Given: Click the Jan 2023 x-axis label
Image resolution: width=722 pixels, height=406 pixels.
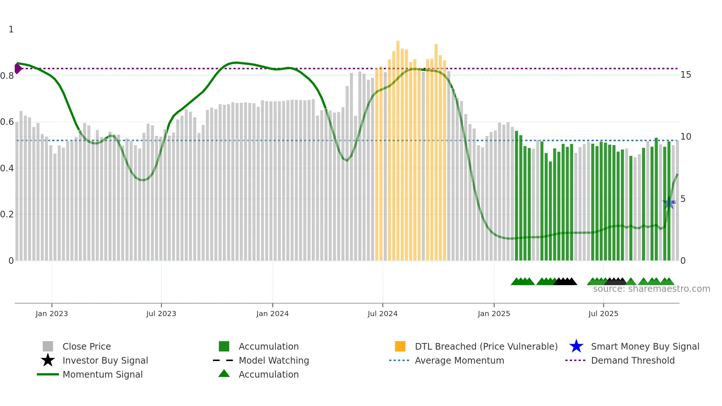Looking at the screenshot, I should point(52,314).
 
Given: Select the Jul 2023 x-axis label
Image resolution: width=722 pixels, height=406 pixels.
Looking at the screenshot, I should point(161,314).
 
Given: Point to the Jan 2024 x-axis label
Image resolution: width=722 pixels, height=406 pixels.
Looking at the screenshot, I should point(272,314).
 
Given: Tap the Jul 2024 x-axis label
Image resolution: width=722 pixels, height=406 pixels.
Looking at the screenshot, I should point(382,314).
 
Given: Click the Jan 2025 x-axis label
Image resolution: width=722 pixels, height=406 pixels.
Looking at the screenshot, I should point(494,314).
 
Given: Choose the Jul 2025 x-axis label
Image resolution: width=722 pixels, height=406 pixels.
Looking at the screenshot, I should point(603,314).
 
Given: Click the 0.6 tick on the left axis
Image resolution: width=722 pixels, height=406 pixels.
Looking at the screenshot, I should point(7,122).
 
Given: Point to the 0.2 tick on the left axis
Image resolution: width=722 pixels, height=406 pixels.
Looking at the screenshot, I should point(7,214).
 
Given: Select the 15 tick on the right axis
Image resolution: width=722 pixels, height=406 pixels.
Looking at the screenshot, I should point(686,75).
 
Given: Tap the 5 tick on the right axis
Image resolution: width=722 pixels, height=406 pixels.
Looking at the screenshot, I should point(683,199).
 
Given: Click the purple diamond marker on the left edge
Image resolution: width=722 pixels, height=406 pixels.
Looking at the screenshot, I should point(18,69).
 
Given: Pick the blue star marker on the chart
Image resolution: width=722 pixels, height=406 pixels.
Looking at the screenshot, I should point(668,203).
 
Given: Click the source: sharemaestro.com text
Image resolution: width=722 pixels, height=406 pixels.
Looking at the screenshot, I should point(651,289).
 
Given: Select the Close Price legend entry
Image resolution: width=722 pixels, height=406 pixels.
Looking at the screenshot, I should point(87,346).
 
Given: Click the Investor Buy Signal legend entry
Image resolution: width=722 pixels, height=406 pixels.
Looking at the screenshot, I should point(105,360).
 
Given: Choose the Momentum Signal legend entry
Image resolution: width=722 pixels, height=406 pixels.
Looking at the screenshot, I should point(102,374).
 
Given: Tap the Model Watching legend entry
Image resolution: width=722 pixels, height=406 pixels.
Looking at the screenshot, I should point(274,360).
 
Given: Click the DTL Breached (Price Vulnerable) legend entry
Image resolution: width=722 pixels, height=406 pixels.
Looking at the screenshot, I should point(486,346).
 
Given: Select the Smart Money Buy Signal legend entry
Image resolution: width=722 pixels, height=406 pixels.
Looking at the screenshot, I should point(645,346).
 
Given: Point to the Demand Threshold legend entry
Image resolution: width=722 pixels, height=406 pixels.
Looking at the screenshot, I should point(632,360).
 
